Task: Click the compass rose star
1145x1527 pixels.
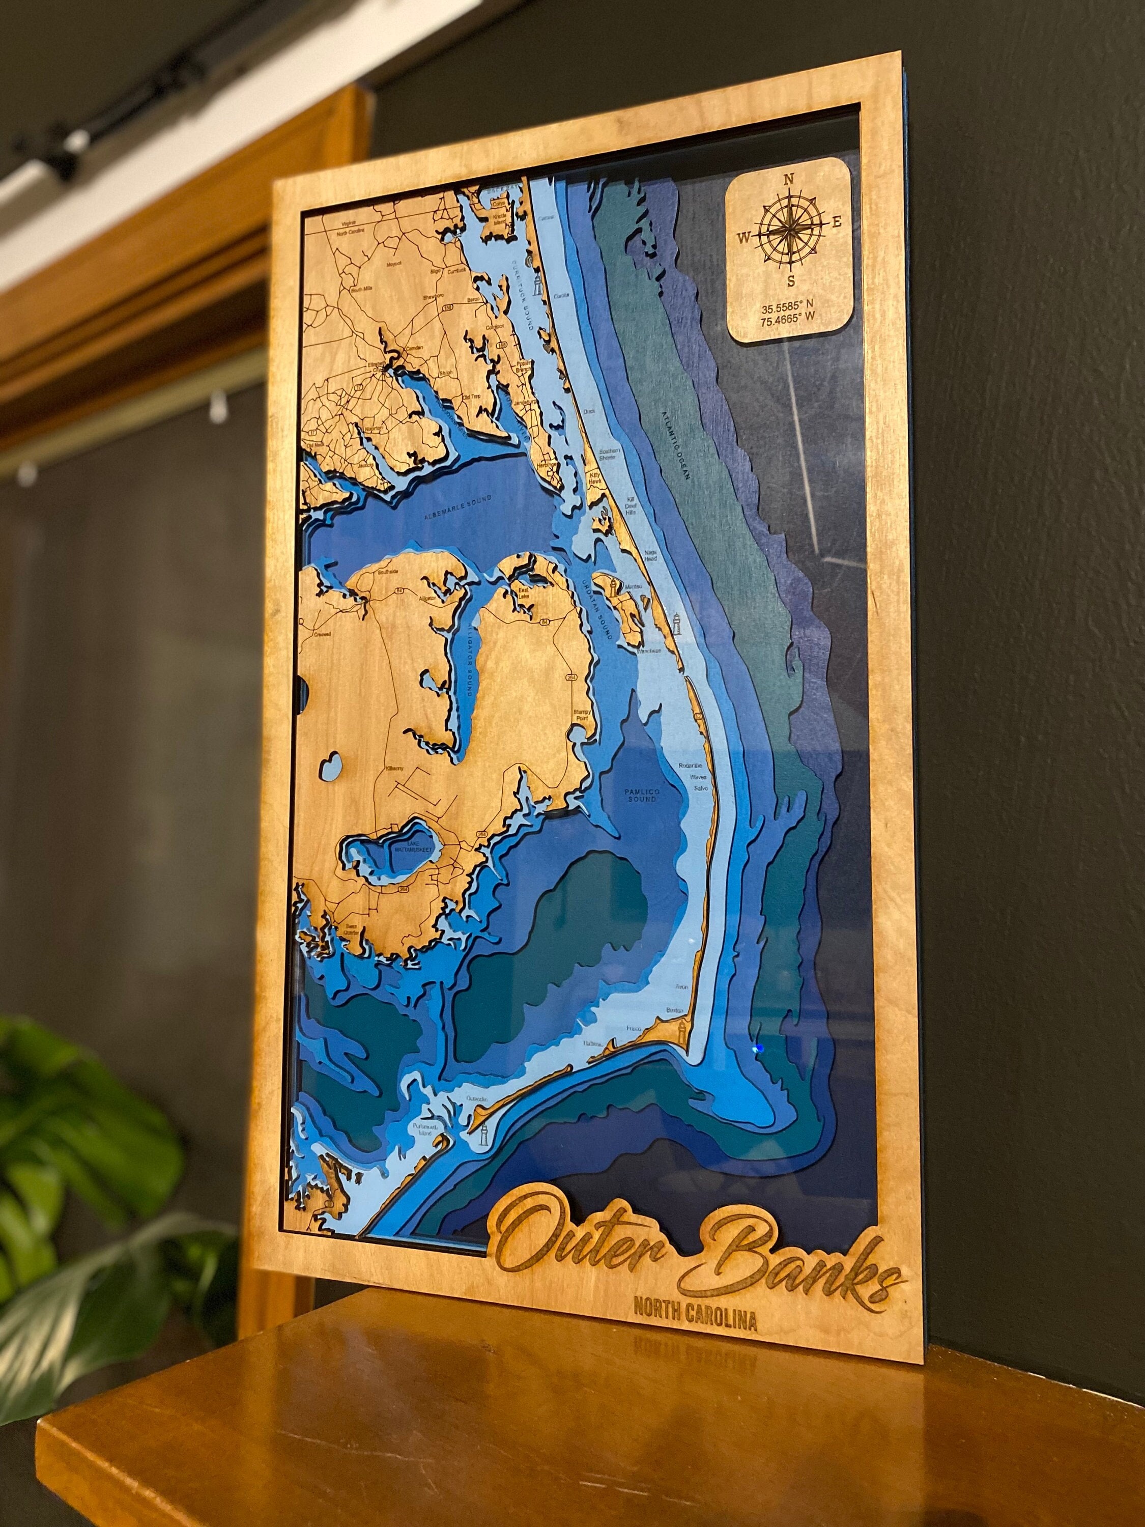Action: pyautogui.click(x=788, y=231)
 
